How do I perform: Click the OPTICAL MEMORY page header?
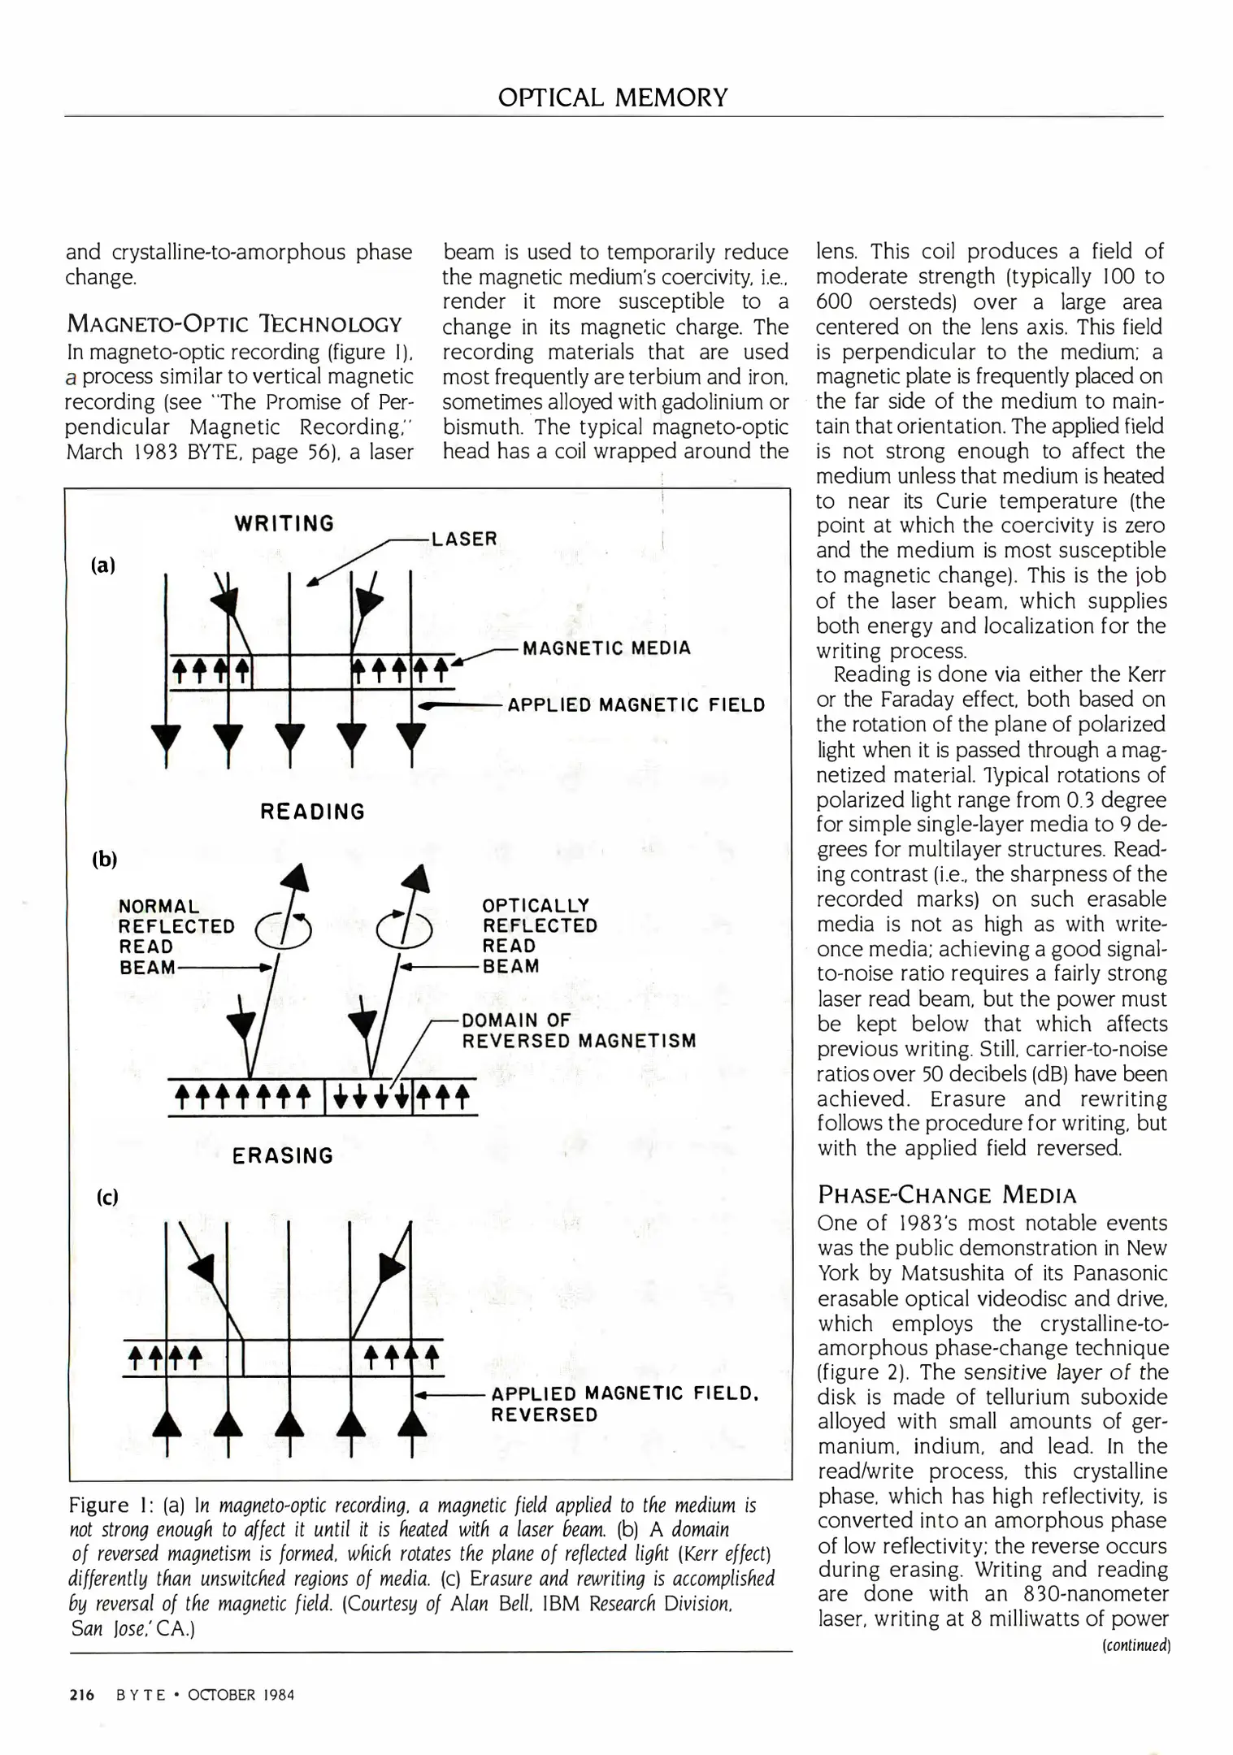613,98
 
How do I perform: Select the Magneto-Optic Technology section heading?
233,324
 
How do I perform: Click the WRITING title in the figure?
284,523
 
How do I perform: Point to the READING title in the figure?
313,812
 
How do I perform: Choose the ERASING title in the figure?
283,1155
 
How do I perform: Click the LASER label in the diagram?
464,539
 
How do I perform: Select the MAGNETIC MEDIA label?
606,648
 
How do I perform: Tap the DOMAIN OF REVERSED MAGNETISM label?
579,1030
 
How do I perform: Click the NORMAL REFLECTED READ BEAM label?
176,936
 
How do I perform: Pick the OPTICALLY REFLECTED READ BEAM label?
539,935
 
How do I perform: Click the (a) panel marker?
103,565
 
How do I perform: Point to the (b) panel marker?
105,859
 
